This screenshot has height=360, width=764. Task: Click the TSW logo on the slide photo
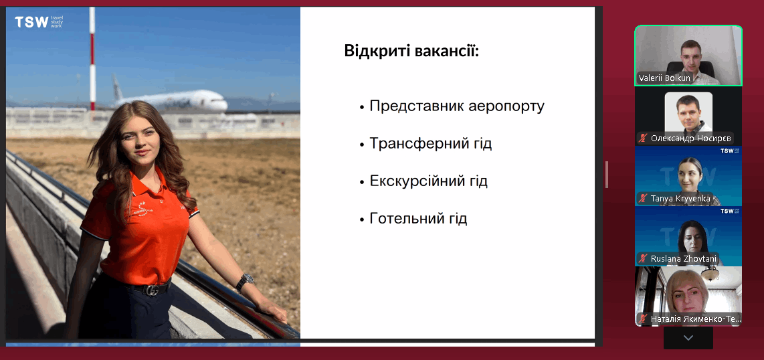coord(39,22)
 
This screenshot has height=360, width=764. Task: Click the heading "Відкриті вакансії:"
coord(411,51)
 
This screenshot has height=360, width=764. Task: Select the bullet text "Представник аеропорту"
coord(457,106)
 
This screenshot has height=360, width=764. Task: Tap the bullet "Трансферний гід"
coord(431,144)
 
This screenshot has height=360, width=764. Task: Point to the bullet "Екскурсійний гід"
coord(429,181)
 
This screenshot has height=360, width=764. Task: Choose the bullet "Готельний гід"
coord(419,218)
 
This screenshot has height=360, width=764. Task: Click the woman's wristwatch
coord(245,282)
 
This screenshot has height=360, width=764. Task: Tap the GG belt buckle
coord(153,290)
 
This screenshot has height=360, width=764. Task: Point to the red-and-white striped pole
coord(92,58)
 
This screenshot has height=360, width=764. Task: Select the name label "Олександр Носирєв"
coord(691,139)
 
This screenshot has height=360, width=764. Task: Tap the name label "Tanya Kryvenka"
coord(680,198)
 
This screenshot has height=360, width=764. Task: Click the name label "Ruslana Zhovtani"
coord(684,259)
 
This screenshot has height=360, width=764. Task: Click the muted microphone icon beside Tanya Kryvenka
coord(643,198)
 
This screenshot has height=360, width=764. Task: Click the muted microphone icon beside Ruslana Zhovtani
coord(643,259)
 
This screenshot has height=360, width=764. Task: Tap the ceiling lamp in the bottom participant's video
coord(710,274)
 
